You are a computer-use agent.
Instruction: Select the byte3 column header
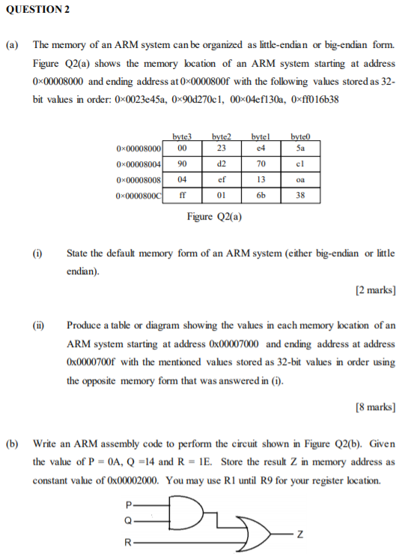coord(182,137)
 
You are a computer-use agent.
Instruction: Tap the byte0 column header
coord(299,137)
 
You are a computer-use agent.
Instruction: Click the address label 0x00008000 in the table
coord(139,149)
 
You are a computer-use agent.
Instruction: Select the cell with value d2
coord(221,164)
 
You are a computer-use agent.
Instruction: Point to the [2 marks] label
coord(375,290)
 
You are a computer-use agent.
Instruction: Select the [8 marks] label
coord(375,407)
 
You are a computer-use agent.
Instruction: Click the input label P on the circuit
coord(129,505)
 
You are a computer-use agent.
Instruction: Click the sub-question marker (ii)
coord(37,325)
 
